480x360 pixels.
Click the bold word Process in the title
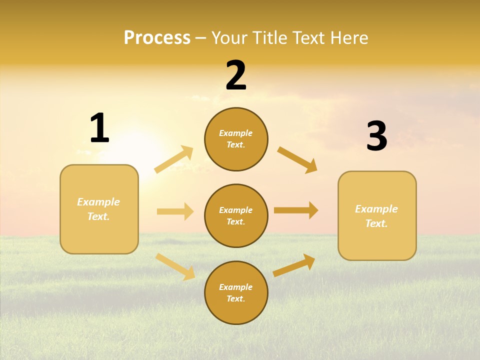[157, 38]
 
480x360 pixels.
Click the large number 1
[99, 128]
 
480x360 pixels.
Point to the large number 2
[236, 75]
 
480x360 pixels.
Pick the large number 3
[376, 136]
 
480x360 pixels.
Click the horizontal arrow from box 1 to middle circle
[175, 211]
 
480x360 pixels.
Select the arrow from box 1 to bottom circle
[175, 266]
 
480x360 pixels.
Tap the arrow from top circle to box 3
[297, 159]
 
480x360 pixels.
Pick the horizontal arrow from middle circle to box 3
[296, 210]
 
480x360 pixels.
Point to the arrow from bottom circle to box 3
[294, 265]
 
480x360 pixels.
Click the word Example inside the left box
[98, 202]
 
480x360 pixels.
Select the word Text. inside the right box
[376, 223]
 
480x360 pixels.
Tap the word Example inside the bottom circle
[235, 287]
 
